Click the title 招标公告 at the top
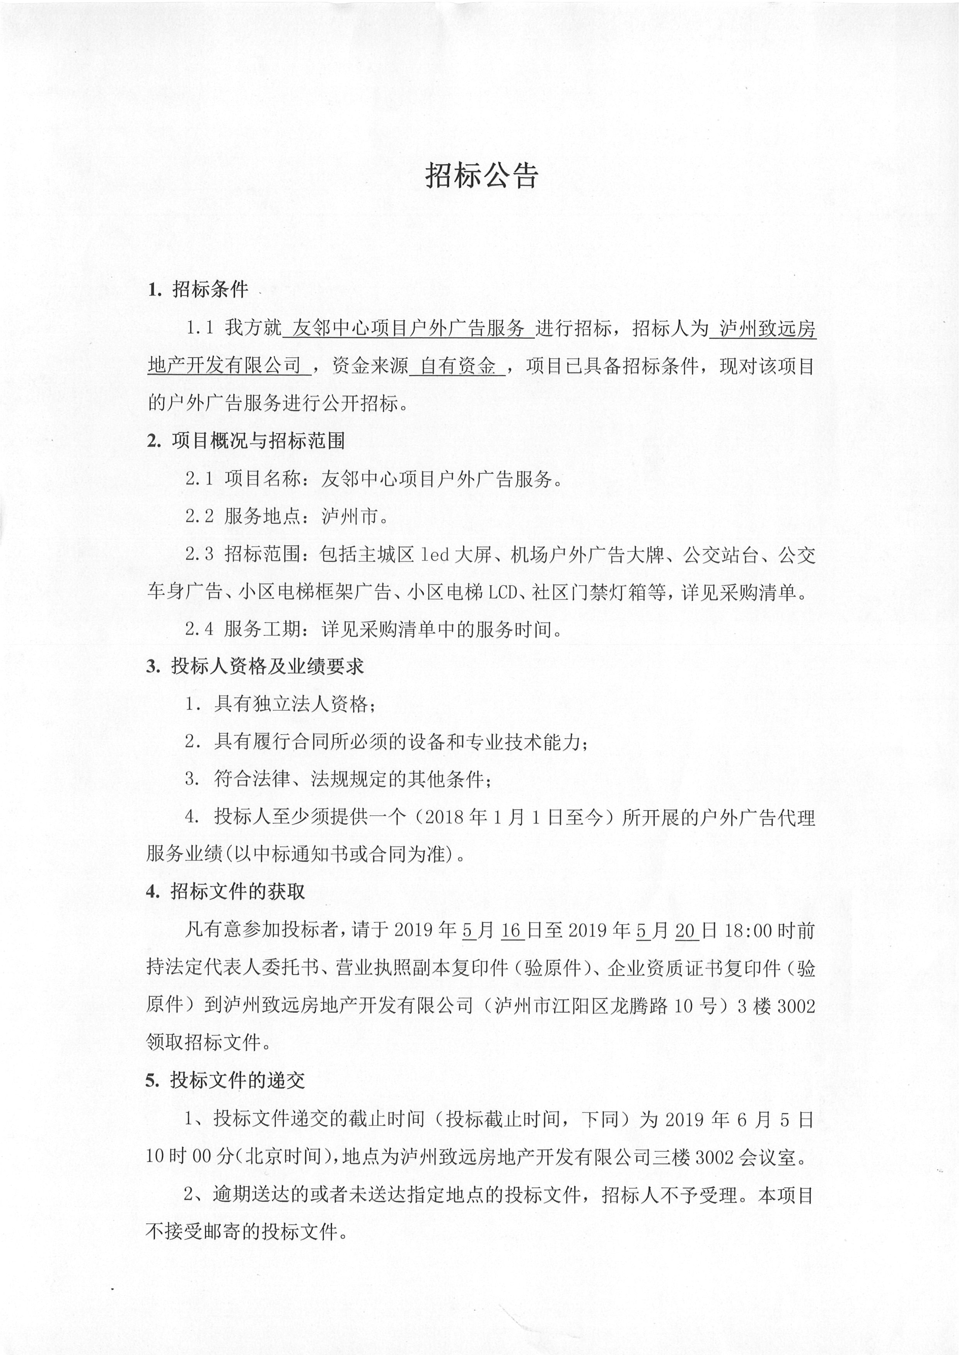pos(481,175)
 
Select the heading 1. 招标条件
pos(198,290)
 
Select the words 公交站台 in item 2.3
pos(720,555)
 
